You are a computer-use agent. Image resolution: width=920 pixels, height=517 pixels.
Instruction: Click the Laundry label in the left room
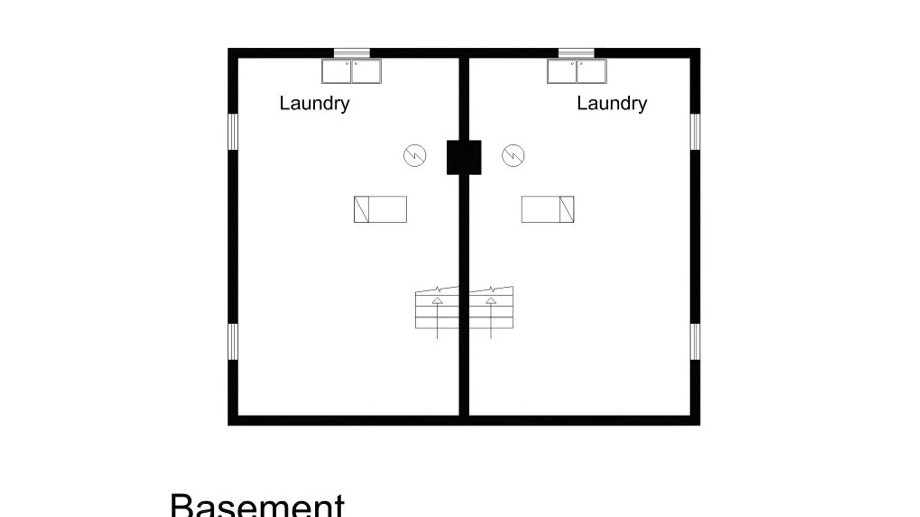(314, 103)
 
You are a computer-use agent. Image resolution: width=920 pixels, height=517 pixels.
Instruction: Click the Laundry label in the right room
(612, 103)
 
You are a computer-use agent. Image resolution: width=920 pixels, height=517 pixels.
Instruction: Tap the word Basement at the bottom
(257, 505)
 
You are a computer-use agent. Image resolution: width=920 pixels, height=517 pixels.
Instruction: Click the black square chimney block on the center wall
(464, 157)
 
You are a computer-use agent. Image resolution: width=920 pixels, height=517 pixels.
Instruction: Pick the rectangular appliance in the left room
(380, 209)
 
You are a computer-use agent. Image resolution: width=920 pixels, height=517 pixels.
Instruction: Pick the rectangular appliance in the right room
(548, 209)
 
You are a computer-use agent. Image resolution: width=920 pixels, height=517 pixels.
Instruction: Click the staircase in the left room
(437, 309)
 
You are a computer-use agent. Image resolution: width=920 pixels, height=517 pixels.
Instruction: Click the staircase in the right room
(491, 309)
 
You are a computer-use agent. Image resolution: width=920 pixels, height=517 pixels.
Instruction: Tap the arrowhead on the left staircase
(437, 301)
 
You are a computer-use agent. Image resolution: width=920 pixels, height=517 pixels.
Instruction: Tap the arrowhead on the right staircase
(491, 301)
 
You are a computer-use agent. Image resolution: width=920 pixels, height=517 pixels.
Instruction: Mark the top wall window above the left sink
(352, 53)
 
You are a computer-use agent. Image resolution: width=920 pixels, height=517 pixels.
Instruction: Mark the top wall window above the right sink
(576, 53)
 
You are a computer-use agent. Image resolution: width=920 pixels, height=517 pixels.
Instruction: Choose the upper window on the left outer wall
(233, 132)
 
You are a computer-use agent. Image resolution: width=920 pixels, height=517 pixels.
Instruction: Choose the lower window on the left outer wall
(233, 341)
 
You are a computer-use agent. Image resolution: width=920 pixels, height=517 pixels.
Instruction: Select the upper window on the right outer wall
(695, 132)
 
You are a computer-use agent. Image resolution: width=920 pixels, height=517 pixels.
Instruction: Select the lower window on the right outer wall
(695, 341)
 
